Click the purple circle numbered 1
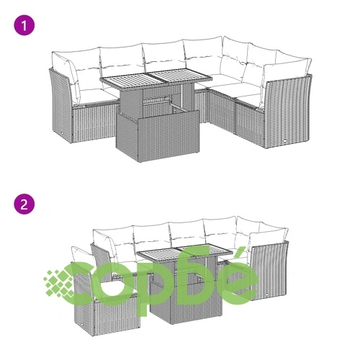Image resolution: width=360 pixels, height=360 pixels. (x=24, y=25)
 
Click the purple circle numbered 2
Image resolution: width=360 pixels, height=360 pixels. (x=24, y=204)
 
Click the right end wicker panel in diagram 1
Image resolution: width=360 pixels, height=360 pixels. (x=287, y=110)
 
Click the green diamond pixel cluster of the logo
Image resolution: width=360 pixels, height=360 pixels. (x=58, y=283)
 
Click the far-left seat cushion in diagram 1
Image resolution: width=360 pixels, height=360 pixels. (x=96, y=96)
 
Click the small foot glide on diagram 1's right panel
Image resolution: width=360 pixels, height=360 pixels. (x=285, y=141)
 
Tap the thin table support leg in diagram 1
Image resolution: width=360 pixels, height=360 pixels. (x=183, y=96)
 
